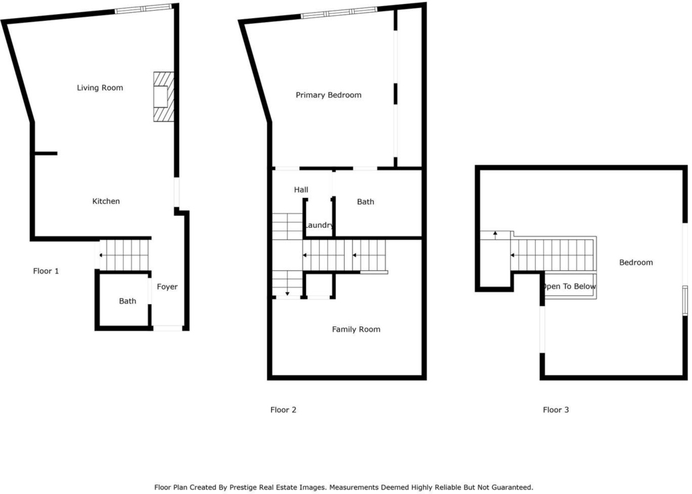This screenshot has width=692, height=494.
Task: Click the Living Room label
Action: tap(100, 88)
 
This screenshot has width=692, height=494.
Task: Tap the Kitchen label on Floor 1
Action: tap(106, 201)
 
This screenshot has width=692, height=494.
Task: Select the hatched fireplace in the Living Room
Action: tap(164, 97)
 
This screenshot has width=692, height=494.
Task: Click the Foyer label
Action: tap(168, 287)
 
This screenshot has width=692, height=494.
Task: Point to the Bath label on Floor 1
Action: tap(128, 301)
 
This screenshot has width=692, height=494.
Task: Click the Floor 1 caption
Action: tap(46, 271)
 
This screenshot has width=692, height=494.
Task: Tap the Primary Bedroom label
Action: tap(328, 95)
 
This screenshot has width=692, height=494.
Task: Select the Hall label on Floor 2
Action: tap(301, 190)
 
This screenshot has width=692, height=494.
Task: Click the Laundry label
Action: tap(319, 225)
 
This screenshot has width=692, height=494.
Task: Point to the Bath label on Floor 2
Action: tap(366, 202)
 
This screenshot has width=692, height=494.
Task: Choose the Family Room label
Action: tap(356, 329)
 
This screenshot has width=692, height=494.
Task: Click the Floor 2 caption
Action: tap(283, 410)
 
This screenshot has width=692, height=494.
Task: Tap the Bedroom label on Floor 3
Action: tap(636, 263)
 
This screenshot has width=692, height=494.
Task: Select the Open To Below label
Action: tap(569, 287)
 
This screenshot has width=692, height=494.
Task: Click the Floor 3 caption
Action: tap(555, 410)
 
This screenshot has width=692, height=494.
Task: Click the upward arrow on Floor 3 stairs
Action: tap(495, 235)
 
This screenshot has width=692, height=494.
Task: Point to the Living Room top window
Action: tap(143, 8)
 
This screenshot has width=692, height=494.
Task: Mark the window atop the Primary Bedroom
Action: tap(339, 13)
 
